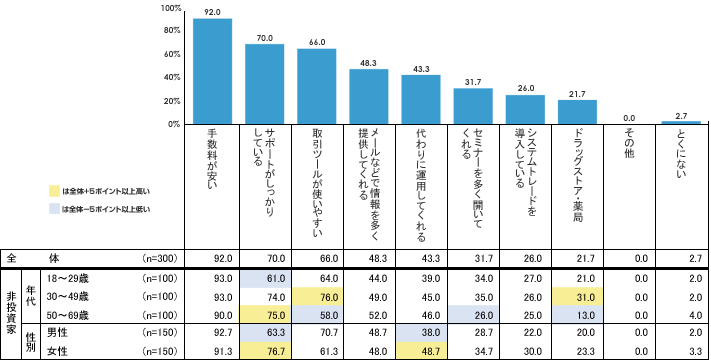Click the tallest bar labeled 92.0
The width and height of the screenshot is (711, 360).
click(x=212, y=71)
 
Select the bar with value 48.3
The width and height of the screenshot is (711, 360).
click(x=368, y=96)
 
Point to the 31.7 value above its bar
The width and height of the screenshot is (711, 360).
click(x=473, y=82)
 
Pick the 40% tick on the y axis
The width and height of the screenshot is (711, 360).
click(x=171, y=77)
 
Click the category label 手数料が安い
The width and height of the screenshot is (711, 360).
click(x=212, y=160)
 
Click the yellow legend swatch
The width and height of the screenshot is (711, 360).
click(x=54, y=190)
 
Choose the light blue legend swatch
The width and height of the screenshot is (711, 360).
click(x=54, y=210)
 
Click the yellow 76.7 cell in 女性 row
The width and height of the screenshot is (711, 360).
click(x=265, y=350)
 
